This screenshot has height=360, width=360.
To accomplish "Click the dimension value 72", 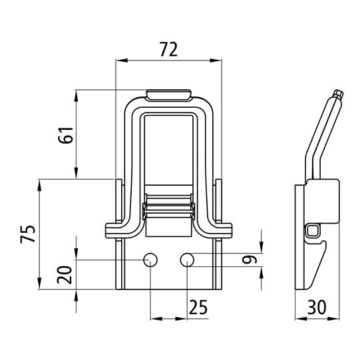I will pyautogui.click(x=169, y=49).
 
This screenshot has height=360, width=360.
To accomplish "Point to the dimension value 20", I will pyautogui.click(x=64, y=275).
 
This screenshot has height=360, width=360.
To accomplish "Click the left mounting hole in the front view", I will pyautogui.click(x=151, y=259).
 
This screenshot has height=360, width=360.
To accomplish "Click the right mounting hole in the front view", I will pyautogui.click(x=188, y=259).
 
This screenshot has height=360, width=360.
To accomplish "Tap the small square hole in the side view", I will pyautogui.click(x=313, y=231).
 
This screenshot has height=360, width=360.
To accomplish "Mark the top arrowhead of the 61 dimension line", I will pyautogui.click(x=78, y=94).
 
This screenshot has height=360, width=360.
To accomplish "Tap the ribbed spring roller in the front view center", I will pyautogui.click(x=170, y=208).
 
